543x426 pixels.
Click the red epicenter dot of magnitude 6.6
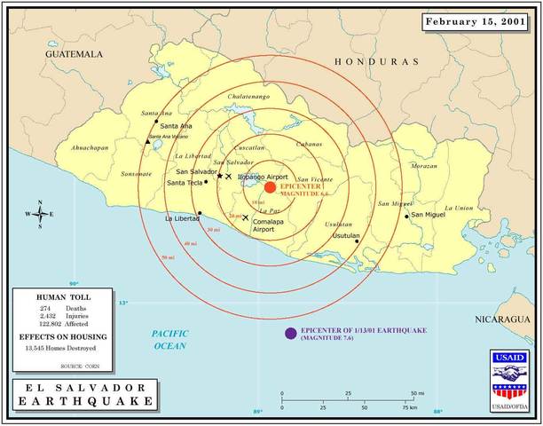point(270,187)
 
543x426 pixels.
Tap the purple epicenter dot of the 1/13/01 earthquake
point(290,333)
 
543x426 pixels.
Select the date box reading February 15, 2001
point(476,21)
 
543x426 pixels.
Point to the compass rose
point(40,214)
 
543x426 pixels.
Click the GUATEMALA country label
point(75,54)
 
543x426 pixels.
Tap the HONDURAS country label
point(375,62)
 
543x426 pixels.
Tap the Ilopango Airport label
point(260,177)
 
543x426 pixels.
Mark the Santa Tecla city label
point(184,183)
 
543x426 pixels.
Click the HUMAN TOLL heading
point(63,296)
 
